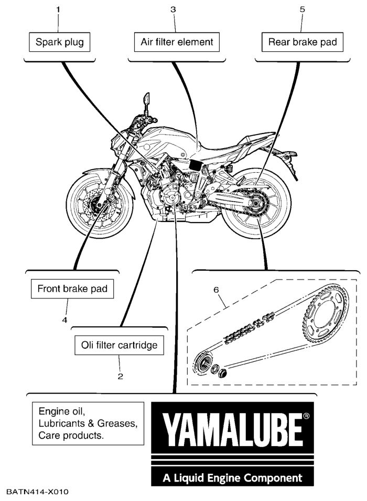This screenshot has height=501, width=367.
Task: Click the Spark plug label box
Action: [x=60, y=42]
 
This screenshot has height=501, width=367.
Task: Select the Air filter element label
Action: [x=177, y=42]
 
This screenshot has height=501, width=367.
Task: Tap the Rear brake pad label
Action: [x=303, y=42]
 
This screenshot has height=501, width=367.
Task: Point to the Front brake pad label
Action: [x=72, y=289]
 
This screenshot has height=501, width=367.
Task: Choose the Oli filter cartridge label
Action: [x=119, y=345]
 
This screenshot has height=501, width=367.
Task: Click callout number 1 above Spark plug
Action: [x=58, y=9]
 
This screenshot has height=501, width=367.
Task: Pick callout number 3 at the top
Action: [x=173, y=9]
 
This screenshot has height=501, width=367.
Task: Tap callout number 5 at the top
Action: [x=302, y=9]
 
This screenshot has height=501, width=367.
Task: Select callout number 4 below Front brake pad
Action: [x=65, y=319]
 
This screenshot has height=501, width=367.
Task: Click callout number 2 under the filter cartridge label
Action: [x=120, y=376]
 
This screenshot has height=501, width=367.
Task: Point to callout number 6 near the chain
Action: [x=217, y=290]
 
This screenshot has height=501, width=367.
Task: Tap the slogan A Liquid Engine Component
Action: [x=233, y=478]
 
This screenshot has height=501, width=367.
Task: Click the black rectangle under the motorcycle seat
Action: [x=196, y=165]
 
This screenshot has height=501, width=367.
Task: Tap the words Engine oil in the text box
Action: [x=62, y=411]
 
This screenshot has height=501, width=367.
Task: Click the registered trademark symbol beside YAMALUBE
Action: [x=306, y=416]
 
